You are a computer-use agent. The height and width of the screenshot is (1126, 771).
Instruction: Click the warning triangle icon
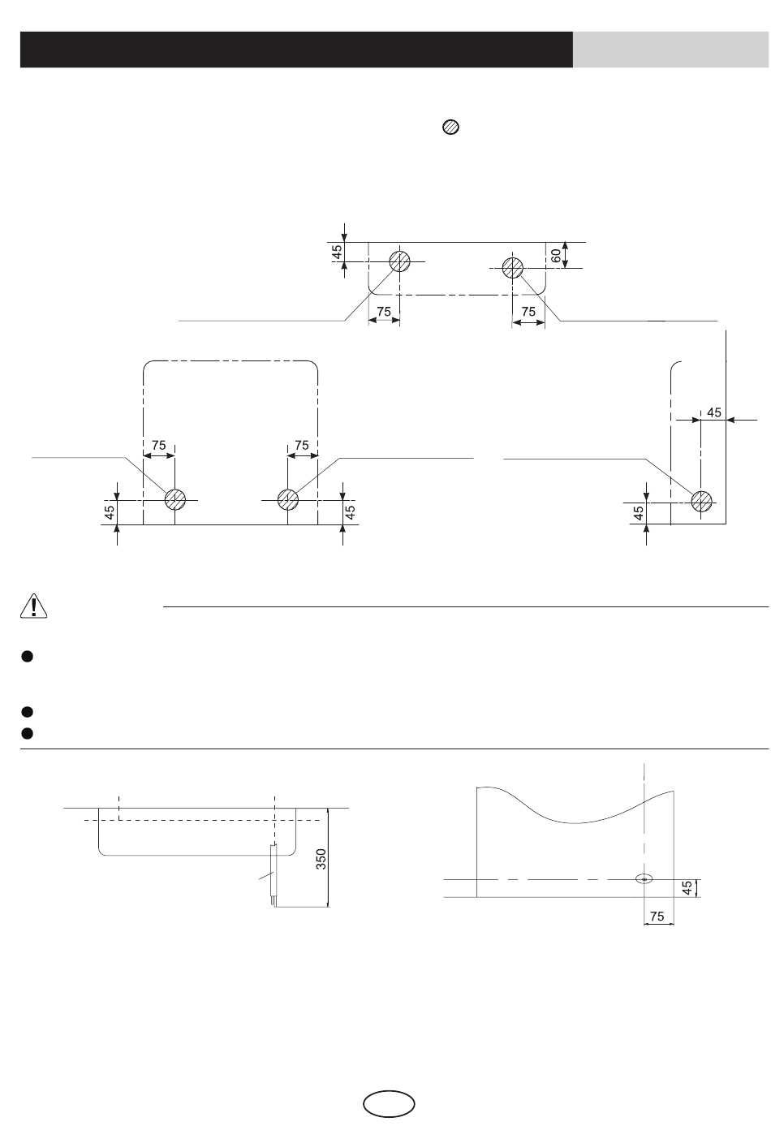click(x=33, y=606)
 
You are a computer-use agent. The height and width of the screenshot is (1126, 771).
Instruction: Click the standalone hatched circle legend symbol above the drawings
click(x=451, y=127)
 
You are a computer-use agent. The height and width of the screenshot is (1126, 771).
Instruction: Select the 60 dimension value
click(x=556, y=256)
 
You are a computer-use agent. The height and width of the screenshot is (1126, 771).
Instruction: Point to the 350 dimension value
click(x=321, y=859)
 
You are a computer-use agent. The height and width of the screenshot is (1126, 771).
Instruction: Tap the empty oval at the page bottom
click(x=389, y=1104)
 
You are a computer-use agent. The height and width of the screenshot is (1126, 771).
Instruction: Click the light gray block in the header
click(x=671, y=50)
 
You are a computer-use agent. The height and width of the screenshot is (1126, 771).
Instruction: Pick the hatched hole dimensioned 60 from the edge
click(x=513, y=268)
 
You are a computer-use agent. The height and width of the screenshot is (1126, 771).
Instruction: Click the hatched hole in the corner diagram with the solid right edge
click(x=701, y=501)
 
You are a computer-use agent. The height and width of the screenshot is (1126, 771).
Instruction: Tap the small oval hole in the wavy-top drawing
click(x=644, y=878)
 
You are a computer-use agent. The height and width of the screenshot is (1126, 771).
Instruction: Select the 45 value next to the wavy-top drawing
click(x=687, y=888)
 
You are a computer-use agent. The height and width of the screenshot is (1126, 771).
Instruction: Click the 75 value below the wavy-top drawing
click(x=657, y=917)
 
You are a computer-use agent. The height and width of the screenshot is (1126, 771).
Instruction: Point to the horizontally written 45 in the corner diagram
click(x=714, y=412)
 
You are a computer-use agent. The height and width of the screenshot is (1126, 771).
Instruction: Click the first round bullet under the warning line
click(x=27, y=657)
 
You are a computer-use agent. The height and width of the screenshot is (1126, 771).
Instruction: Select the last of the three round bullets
click(x=27, y=733)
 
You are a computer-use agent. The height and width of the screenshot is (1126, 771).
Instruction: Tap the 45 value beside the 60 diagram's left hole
click(x=338, y=252)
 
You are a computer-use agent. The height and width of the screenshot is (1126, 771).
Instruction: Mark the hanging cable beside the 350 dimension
click(x=274, y=875)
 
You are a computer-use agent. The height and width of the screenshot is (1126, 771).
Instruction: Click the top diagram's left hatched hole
click(x=400, y=261)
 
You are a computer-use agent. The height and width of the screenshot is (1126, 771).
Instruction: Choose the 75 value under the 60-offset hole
click(x=528, y=312)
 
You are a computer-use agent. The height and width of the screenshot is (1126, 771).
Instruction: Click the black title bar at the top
click(x=296, y=50)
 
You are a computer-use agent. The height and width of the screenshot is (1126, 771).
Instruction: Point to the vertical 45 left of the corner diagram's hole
click(x=639, y=513)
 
